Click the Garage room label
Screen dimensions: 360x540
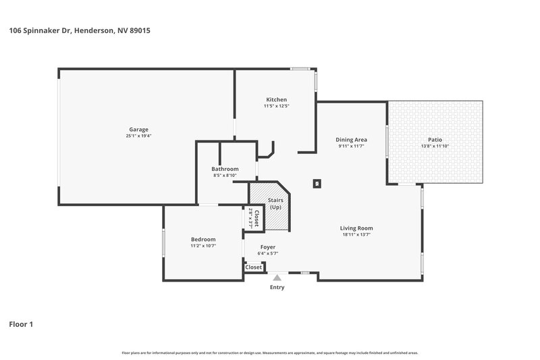pos(138,129)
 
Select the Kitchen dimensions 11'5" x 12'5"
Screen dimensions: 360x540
pos(275,106)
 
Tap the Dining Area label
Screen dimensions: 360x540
pos(351,139)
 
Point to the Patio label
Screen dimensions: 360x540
pos(435,139)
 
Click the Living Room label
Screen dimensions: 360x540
pos(356,228)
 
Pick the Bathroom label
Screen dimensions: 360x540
pos(225,169)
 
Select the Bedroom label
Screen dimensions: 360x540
pos(202,239)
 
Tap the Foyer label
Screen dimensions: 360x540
pos(269,247)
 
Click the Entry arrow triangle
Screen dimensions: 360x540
pos(276,277)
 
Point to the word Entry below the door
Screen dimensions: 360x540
pos(277,287)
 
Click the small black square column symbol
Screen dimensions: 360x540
pos(317,182)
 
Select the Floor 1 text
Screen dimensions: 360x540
pos(21,324)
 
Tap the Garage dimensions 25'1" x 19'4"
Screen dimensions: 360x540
pos(138,136)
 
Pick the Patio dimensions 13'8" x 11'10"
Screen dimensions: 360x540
pos(435,146)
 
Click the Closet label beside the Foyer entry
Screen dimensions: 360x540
pos(253,267)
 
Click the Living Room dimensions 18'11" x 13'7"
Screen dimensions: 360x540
pos(356,235)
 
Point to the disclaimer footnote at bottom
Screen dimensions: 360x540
pos(269,353)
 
